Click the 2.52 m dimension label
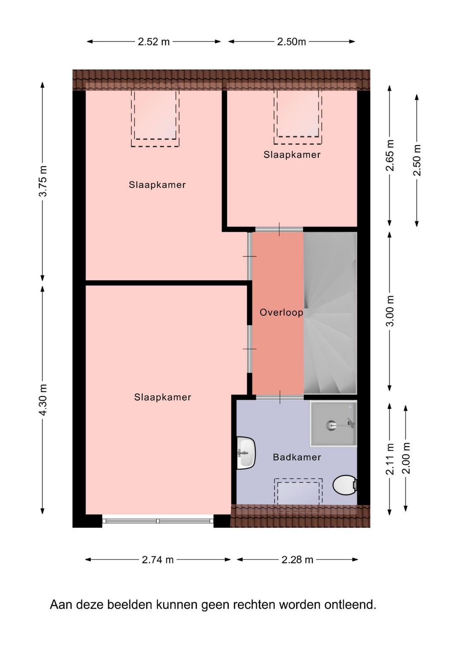(153, 42)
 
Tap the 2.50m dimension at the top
(291, 42)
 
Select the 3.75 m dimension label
(43, 181)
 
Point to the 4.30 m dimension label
(43, 400)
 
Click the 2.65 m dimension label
(390, 155)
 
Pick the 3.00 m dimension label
(390, 311)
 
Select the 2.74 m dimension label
(158, 560)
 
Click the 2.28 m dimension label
(297, 560)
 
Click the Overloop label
(281, 313)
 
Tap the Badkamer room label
(297, 457)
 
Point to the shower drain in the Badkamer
(331, 425)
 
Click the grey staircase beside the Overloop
(330, 313)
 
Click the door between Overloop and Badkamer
(280, 397)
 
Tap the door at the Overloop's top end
(279, 229)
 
